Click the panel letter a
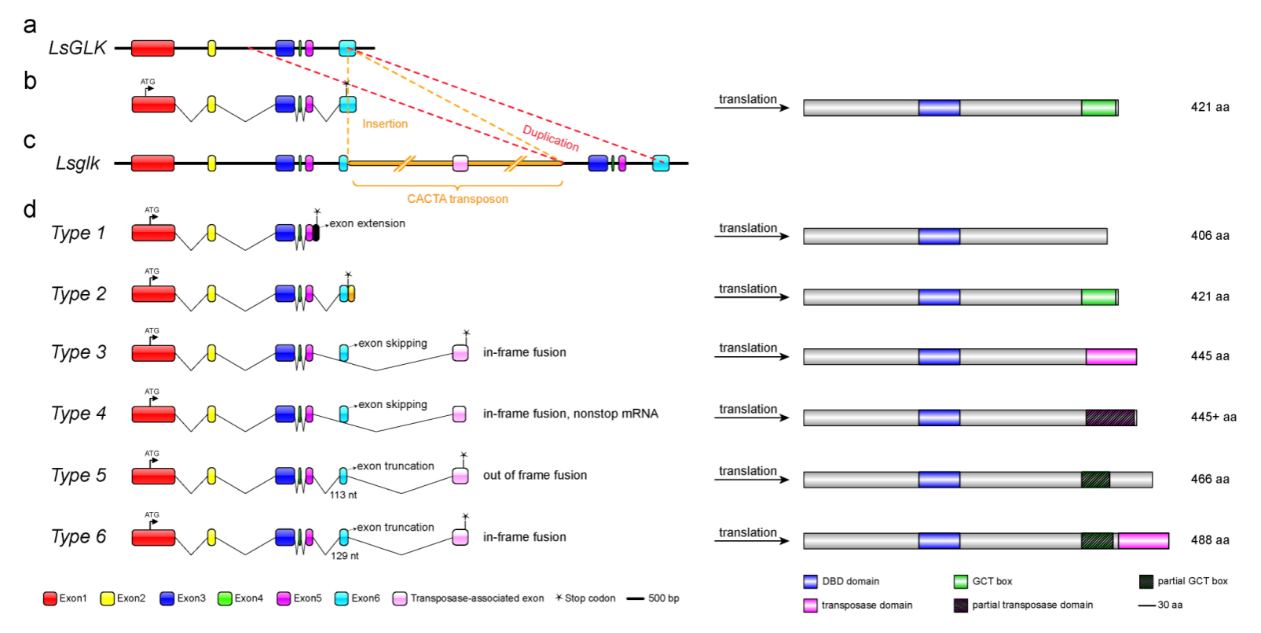click(30, 26)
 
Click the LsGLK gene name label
click(77, 48)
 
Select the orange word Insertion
click(385, 124)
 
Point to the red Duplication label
click(551, 138)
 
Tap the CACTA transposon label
click(457, 199)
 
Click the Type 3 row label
click(79, 352)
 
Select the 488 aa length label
click(1210, 540)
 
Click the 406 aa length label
click(1210, 235)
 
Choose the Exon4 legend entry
click(240, 598)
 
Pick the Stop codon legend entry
click(585, 598)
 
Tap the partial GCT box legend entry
click(1183, 581)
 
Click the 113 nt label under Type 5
click(343, 495)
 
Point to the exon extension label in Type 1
click(367, 223)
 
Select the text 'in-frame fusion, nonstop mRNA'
click(570, 414)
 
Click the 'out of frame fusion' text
click(535, 475)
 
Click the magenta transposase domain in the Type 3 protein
click(1111, 357)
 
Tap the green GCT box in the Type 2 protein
click(1098, 296)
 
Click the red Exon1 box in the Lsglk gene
click(152, 163)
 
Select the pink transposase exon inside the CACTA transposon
click(460, 163)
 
